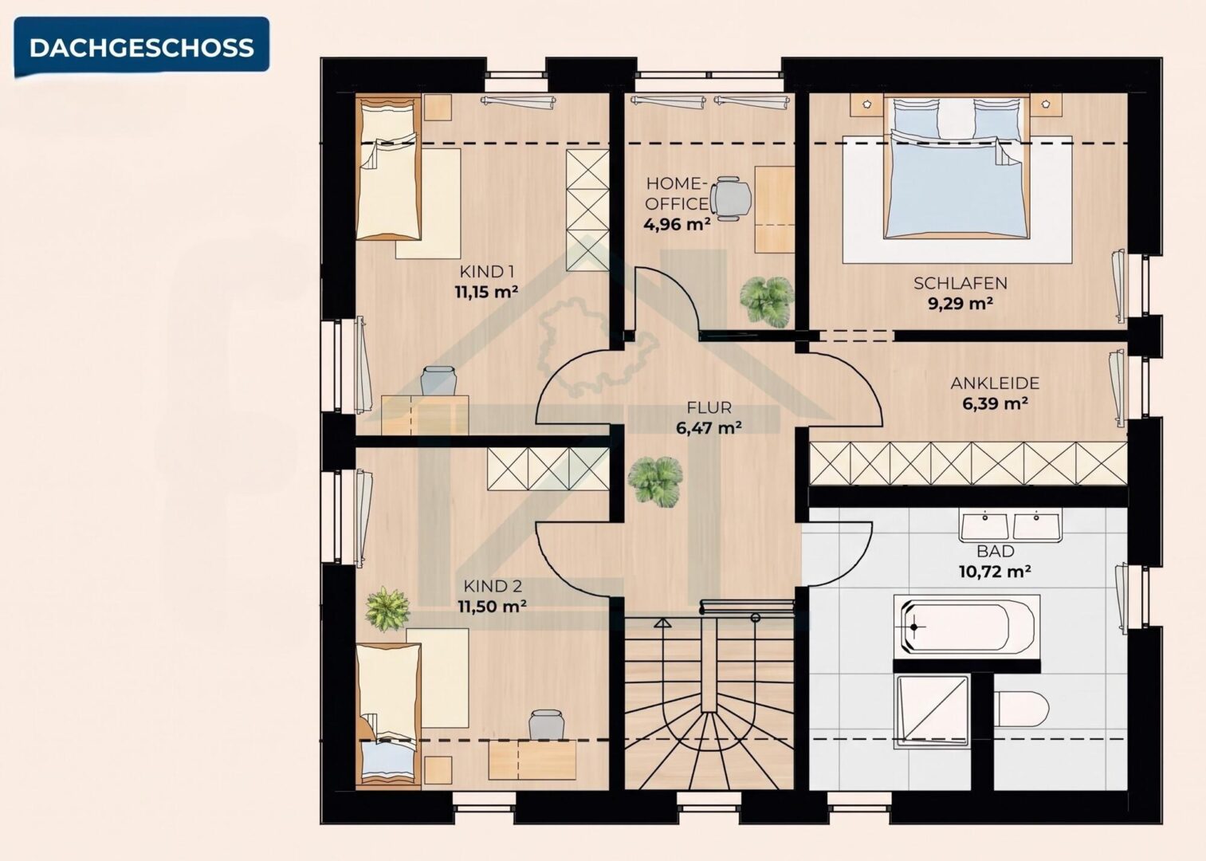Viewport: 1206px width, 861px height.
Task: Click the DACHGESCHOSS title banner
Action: (141, 47)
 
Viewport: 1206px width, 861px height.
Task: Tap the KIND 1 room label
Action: (487, 271)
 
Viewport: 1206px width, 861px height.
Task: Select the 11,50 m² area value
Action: (492, 607)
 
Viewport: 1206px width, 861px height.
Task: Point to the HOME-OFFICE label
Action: (677, 193)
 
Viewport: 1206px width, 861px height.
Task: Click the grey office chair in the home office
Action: (731, 199)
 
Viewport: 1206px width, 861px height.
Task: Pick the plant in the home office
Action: (767, 301)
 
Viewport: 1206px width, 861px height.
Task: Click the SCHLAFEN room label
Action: (960, 283)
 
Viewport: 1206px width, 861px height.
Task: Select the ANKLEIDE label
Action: (995, 383)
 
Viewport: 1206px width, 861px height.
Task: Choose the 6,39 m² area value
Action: (995, 403)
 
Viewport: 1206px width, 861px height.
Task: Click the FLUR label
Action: (709, 407)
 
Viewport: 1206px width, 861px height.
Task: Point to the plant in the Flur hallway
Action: (655, 482)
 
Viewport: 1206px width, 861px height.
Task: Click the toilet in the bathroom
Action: (1021, 708)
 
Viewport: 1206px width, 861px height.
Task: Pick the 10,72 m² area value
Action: (995, 572)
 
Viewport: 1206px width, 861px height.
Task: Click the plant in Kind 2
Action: (387, 609)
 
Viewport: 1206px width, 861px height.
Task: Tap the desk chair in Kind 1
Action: (438, 381)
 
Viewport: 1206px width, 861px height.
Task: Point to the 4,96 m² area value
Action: (677, 224)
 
